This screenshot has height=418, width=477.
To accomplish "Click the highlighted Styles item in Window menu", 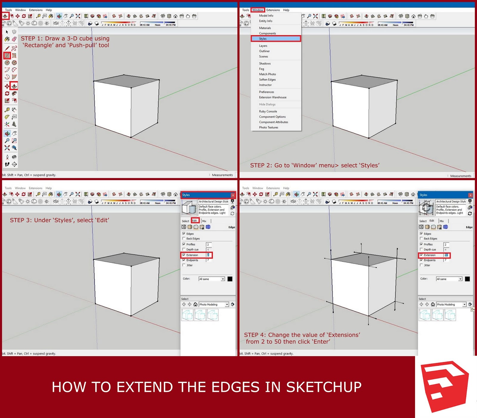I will [275, 39].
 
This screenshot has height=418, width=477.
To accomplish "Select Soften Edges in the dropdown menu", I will [267, 79].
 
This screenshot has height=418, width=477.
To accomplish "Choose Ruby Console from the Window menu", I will [268, 111].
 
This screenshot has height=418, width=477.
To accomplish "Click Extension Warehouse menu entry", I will [272, 97].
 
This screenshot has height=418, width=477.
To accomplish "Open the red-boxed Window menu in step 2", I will [258, 10].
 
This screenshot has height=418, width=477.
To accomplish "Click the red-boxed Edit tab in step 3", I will [195, 221].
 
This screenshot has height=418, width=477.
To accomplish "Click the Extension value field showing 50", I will [446, 255].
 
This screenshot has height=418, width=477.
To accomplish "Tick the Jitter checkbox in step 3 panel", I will [184, 265].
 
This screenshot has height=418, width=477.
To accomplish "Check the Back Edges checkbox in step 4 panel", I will [421, 239].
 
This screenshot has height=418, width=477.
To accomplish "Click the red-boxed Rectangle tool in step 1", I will [7, 56].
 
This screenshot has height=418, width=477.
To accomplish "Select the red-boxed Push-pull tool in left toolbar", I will [14, 86].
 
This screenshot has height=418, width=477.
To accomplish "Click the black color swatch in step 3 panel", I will [230, 279].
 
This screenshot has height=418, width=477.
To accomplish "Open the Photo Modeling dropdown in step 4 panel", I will [464, 305].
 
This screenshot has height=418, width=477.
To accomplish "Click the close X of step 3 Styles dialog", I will [233, 195].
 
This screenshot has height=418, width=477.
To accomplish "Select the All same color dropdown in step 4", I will [449, 279].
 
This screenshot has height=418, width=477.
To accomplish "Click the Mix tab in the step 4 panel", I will [442, 221].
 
